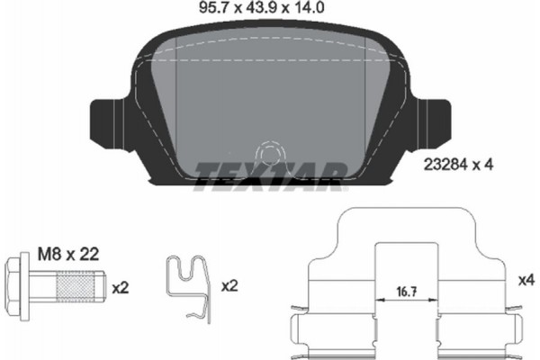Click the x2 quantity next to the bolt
[x=119, y=288]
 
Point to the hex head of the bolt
[x=28, y=288]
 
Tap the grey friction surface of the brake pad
[x=270, y=99]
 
